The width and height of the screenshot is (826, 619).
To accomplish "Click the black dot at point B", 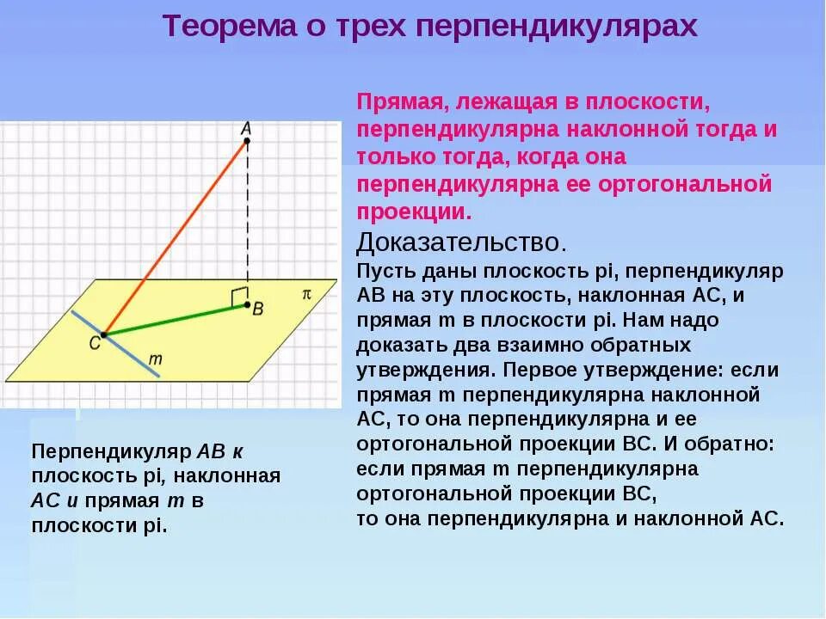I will pos(247,304).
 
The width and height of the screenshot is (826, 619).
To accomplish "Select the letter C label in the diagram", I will pos(93,343).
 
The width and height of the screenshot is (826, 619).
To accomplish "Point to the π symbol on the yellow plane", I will pos(305,293).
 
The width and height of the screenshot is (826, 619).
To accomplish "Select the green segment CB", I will pos(172,319).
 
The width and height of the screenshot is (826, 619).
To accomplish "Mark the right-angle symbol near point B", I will pos(237,297).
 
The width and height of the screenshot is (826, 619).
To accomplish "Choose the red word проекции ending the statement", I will pos(414,211).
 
